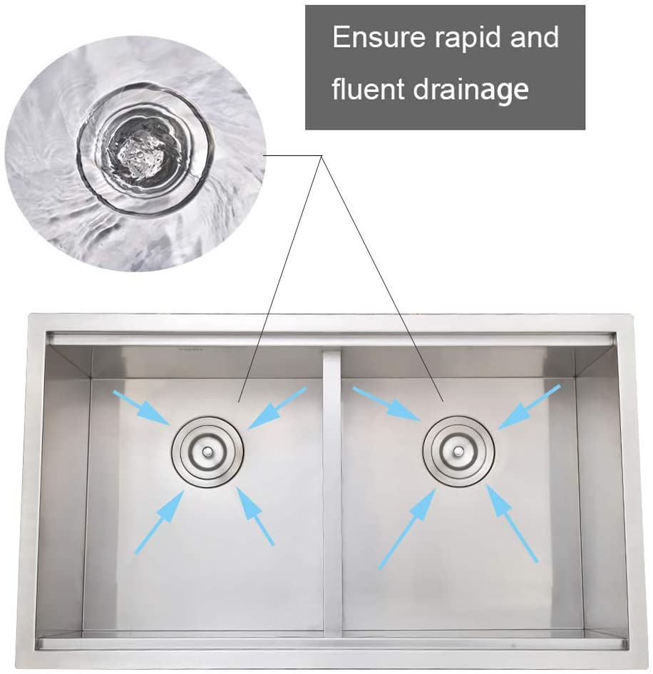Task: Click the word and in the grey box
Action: pos(534,37)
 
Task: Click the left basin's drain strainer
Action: pos(207,451)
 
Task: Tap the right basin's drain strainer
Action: pos(458,451)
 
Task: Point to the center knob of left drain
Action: pos(207,451)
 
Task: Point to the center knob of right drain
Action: pos(458,451)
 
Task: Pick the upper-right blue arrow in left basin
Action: pos(277,408)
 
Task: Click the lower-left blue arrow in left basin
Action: pos(159,522)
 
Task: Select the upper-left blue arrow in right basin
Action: pos(386,403)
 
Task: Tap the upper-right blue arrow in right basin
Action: pos(529,407)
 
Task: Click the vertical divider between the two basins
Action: pos(331,494)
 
